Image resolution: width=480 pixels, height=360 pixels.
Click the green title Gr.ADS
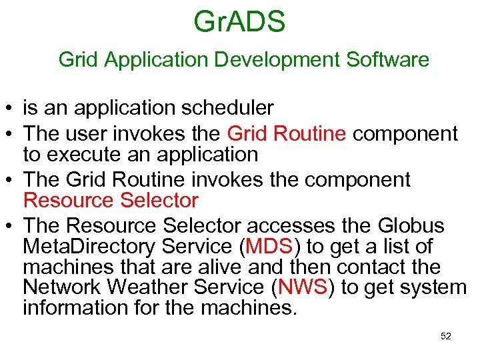pos(239,21)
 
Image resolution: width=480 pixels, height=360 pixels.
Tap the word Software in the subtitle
pos(387,60)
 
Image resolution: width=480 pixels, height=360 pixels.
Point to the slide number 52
pos(446,337)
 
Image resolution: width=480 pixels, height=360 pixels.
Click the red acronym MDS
pos(269,247)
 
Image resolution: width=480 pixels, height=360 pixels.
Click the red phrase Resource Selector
pos(111,200)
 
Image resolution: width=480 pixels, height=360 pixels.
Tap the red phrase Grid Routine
pos(287,133)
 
